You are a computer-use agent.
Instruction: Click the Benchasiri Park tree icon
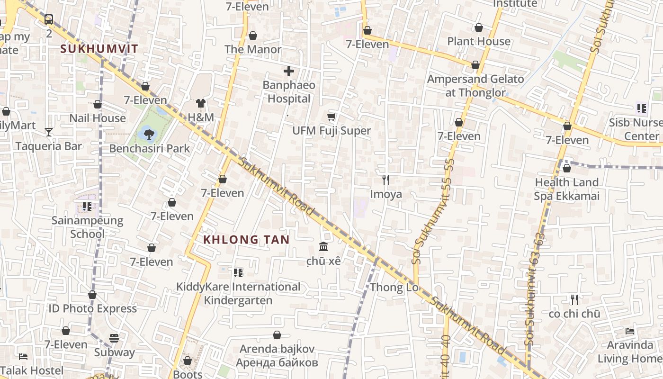[149, 134]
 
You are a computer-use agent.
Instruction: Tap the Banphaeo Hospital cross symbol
[289, 72]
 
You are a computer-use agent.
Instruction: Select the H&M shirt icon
[201, 103]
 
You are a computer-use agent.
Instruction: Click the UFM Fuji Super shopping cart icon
[331, 117]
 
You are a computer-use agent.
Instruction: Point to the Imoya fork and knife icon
[386, 180]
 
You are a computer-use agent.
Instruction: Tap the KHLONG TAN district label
[246, 240]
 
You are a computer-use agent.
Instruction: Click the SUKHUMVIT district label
[99, 48]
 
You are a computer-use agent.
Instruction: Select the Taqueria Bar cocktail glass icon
[49, 132]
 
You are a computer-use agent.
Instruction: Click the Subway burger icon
[114, 338]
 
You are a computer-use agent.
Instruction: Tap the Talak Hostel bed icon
[23, 356]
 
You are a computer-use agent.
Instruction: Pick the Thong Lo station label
[394, 287]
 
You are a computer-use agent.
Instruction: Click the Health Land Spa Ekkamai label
[566, 189]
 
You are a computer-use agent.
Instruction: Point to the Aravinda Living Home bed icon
[629, 331]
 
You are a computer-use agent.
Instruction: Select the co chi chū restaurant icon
[574, 299]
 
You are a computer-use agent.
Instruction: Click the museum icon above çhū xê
[324, 246]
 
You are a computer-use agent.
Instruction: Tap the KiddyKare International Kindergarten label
[238, 293]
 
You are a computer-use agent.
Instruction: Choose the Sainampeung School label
[87, 227]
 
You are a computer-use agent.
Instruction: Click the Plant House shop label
[479, 41]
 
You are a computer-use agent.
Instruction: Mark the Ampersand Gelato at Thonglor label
[475, 86]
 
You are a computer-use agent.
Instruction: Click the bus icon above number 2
[49, 19]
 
